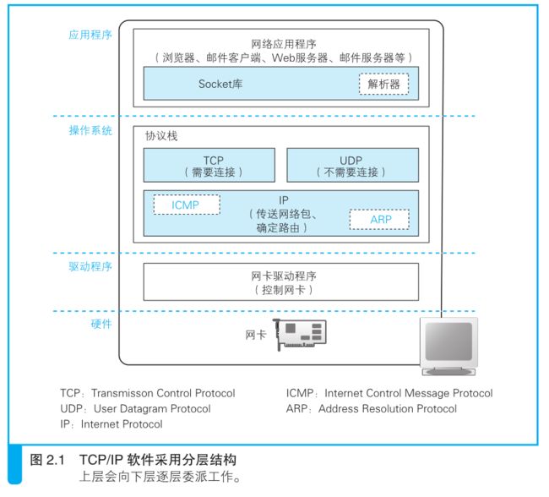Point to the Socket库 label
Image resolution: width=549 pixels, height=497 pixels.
tap(220, 85)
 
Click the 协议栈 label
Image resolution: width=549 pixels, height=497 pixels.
tap(161, 135)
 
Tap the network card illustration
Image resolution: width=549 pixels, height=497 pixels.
tap(300, 335)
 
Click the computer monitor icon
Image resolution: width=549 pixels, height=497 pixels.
tap(448, 347)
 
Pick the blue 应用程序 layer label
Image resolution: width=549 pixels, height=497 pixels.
tap(90, 35)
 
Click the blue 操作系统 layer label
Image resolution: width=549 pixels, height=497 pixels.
tap(90, 130)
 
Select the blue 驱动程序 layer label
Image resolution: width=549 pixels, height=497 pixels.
tap(90, 267)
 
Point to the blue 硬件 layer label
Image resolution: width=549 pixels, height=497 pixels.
tap(101, 324)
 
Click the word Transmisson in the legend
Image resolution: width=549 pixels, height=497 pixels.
tap(122, 393)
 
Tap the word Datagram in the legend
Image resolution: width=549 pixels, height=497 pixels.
tap(144, 409)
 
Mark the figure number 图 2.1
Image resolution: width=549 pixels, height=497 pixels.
tap(47, 460)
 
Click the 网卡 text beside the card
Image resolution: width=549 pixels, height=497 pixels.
tap(256, 335)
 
